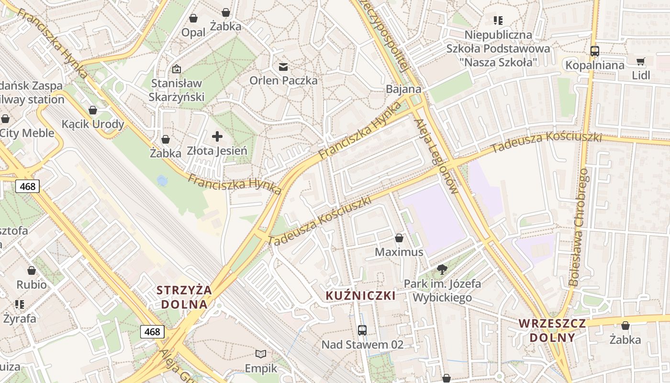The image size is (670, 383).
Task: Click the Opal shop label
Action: (x=193, y=33)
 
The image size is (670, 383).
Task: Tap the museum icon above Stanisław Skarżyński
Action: (x=176, y=69)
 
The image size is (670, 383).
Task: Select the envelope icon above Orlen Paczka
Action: (x=283, y=66)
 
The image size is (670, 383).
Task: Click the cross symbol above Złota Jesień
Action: (x=217, y=137)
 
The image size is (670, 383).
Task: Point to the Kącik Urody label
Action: (x=93, y=124)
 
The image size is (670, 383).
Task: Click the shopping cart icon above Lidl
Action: (x=640, y=61)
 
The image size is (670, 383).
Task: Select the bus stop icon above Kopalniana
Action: (x=595, y=51)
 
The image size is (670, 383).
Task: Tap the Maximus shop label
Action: (x=399, y=252)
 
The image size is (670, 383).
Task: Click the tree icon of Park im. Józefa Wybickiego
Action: (x=442, y=269)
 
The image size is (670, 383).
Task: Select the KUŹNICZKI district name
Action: (x=361, y=295)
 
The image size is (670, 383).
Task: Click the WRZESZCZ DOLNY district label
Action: (x=552, y=330)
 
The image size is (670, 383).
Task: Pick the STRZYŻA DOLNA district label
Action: (x=184, y=297)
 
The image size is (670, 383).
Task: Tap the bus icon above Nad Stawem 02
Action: (x=362, y=330)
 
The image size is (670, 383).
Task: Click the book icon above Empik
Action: (x=261, y=354)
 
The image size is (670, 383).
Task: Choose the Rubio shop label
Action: (x=32, y=284)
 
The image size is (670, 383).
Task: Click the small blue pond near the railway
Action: (x=162, y=180)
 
